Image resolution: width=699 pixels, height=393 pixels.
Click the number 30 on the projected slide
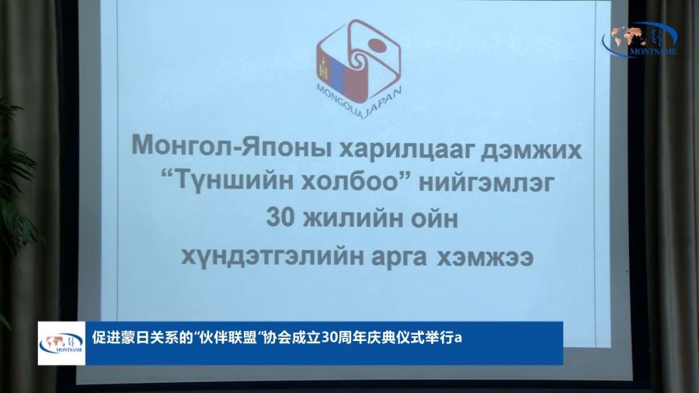coord(280,218)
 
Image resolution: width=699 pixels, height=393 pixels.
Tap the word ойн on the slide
coord(433,219)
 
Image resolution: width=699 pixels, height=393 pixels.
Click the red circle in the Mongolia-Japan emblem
coord(376,44)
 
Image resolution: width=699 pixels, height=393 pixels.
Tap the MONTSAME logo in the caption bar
coord(61,343)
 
